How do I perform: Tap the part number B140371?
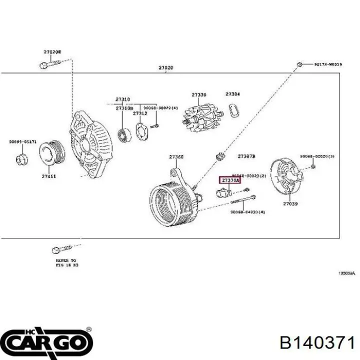click(317, 343)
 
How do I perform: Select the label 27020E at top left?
click(52, 52)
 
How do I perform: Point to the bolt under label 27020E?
click(48, 64)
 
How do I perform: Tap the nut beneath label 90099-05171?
click(22, 159)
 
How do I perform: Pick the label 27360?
click(176, 157)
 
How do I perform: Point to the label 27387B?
click(246, 156)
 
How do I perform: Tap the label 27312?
click(140, 113)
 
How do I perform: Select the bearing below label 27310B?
click(123, 134)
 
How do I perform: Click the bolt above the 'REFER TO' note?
click(61, 248)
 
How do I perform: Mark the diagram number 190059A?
click(346, 273)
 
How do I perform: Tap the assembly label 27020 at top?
click(166, 68)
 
